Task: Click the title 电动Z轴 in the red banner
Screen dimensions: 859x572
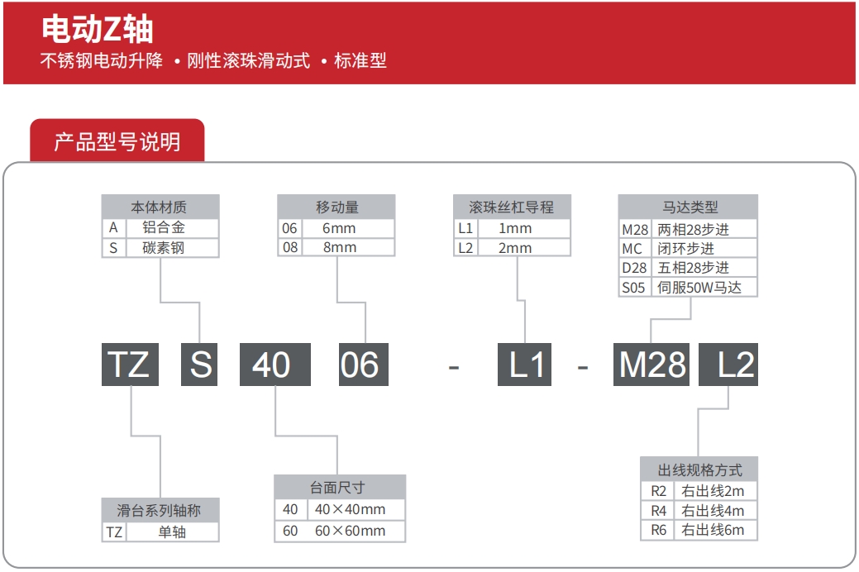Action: [98, 28]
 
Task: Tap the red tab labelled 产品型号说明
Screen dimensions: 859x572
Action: [117, 141]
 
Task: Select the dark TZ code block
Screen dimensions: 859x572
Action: [130, 365]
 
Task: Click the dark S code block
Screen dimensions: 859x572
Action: [199, 365]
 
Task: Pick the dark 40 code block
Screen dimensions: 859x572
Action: [275, 365]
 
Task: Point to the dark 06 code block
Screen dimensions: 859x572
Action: [364, 365]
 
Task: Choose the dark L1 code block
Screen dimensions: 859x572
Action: [524, 365]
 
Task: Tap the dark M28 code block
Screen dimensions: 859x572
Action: [651, 365]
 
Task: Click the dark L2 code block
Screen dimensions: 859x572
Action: [728, 365]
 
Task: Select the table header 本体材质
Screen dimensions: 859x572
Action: [160, 207]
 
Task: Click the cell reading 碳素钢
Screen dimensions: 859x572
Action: [163, 248]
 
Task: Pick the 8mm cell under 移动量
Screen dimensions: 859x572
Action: [340, 247]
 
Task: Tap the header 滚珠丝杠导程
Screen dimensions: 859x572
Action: [512, 207]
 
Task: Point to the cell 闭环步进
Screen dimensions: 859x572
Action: [686, 248]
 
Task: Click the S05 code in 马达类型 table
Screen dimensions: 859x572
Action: [633, 287]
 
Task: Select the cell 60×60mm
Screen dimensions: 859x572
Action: [350, 531]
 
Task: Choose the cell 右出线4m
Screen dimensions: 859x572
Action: [713, 510]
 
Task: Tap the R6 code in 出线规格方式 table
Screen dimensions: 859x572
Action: [658, 530]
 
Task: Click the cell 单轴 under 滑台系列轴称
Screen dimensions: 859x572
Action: [172, 531]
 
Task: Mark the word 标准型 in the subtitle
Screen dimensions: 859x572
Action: [360, 60]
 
